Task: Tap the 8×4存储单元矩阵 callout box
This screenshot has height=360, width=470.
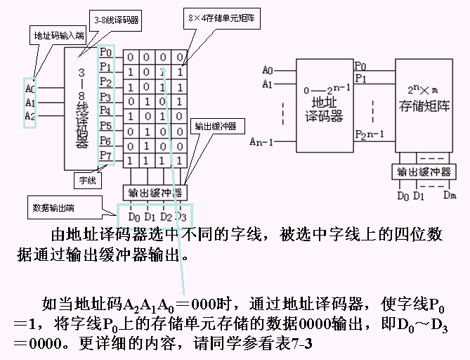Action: [221, 20]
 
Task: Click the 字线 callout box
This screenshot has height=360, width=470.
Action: [87, 180]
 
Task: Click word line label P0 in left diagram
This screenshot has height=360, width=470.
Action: [105, 53]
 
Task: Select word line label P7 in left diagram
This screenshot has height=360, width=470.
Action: [105, 155]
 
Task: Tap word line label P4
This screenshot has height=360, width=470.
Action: [105, 111]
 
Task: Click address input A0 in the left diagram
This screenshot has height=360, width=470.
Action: [30, 89]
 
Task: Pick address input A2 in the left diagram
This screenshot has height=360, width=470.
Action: [30, 115]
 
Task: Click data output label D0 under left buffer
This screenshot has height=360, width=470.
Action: [134, 216]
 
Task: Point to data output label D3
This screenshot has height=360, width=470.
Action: [181, 216]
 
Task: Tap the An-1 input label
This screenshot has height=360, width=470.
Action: [261, 143]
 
